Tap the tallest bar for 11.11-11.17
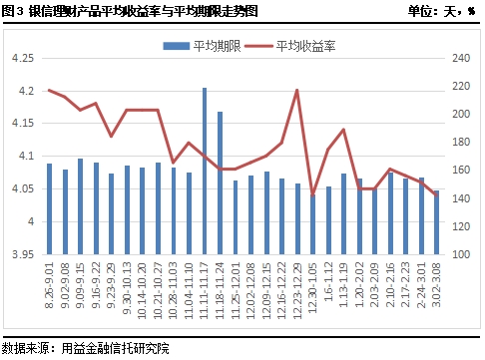coord(205,171)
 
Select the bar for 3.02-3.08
coord(436,221)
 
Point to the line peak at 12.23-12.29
coord(297,91)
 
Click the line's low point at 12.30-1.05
coord(312,195)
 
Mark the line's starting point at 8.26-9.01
coord(50,90)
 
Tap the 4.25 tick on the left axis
coord(20,59)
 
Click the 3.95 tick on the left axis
coord(20,254)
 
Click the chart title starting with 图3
coord(130,11)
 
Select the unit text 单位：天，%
coord(443,11)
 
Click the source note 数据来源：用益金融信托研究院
coord(86,348)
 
